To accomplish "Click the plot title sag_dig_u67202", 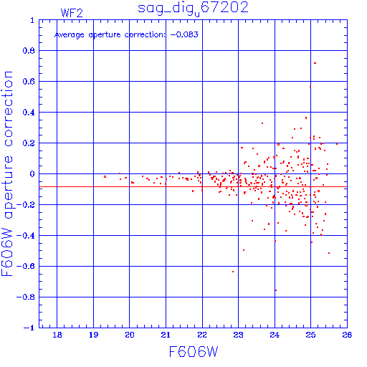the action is pyautogui.click(x=193, y=9).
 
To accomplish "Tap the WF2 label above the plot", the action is pyautogui.click(x=72, y=13).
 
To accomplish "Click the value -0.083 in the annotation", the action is pyautogui.click(x=184, y=34).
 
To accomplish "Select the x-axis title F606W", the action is pyautogui.click(x=194, y=351).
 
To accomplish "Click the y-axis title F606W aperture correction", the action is pyautogui.click(x=7, y=173).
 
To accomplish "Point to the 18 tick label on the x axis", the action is pyautogui.click(x=57, y=335).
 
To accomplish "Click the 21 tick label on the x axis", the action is pyautogui.click(x=166, y=335).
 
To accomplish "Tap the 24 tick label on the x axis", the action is pyautogui.click(x=275, y=335).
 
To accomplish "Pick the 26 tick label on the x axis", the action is pyautogui.click(x=347, y=335).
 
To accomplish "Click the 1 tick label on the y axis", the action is pyautogui.click(x=32, y=20).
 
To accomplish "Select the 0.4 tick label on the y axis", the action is pyautogui.click(x=29, y=113).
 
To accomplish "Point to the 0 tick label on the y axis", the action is pyautogui.click(x=32, y=174).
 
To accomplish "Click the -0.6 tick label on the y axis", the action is pyautogui.click(x=26, y=266).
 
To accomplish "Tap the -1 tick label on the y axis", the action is pyautogui.click(x=29, y=328).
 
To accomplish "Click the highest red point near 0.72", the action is pyautogui.click(x=315, y=63).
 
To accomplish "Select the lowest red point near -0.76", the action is pyautogui.click(x=276, y=290).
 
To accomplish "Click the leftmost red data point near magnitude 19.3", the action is pyautogui.click(x=105, y=177).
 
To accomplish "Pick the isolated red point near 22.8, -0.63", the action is pyautogui.click(x=233, y=272).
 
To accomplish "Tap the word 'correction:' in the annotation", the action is pyautogui.click(x=145, y=35).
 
